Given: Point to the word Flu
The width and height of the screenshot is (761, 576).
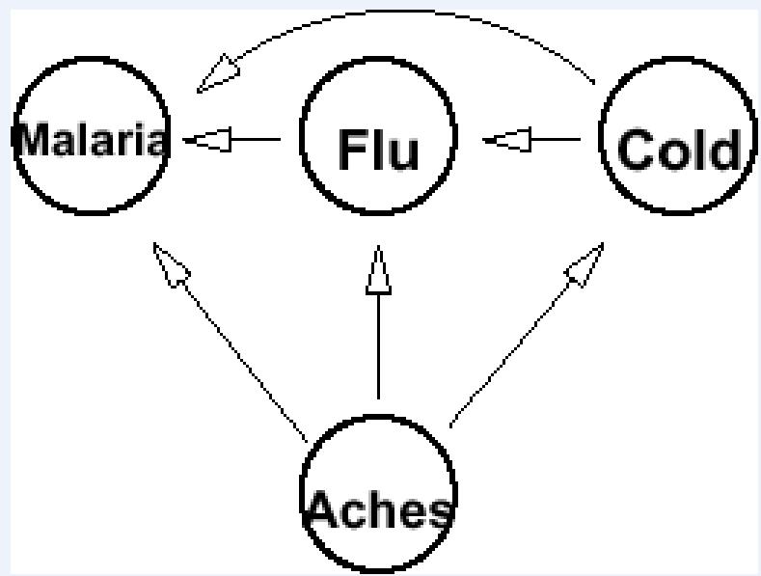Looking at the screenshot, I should point(378,150).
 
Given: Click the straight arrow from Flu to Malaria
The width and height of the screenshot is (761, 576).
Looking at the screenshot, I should point(241,141).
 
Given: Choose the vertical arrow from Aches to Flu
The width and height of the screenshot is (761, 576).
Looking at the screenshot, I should point(378,338).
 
